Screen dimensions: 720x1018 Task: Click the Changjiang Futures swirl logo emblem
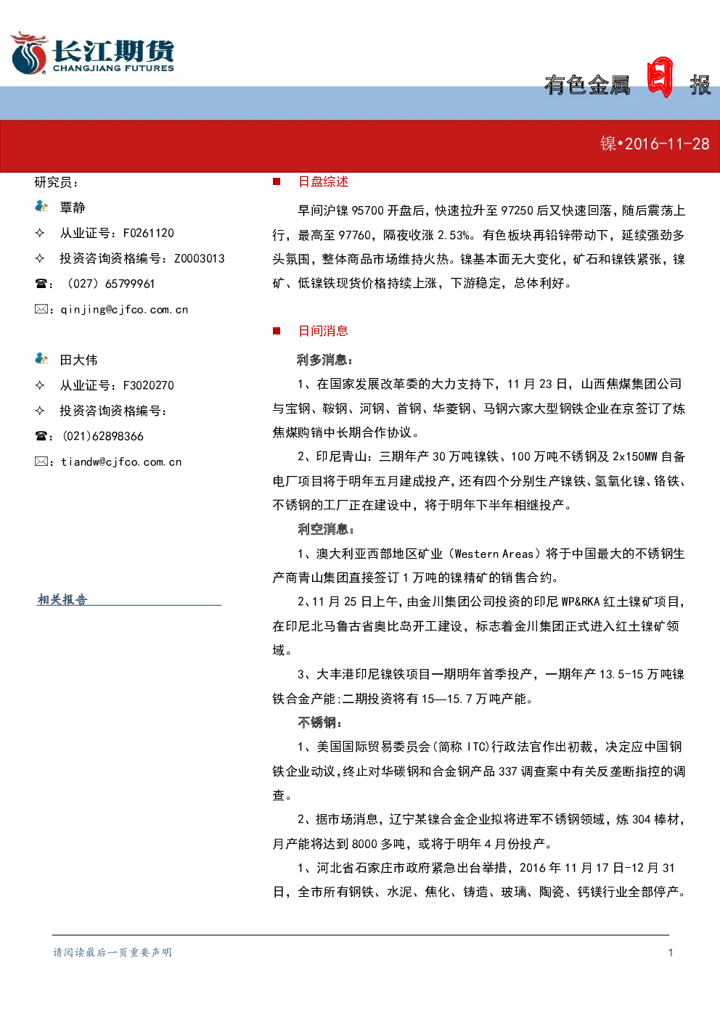coord(29,53)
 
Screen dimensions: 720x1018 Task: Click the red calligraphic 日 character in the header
coord(660,77)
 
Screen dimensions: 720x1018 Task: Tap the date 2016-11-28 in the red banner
coord(667,144)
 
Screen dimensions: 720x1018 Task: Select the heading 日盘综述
coord(323,182)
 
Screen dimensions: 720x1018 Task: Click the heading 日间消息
coord(323,331)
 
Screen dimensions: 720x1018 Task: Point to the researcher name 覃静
coord(73,208)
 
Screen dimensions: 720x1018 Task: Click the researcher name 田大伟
coord(78,360)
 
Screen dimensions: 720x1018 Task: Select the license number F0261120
coord(149,233)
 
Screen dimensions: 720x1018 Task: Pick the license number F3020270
coord(149,385)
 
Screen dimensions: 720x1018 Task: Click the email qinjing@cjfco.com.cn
coord(124,310)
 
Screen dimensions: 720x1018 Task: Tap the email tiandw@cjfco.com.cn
coord(121,462)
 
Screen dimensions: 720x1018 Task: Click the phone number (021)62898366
coord(103,436)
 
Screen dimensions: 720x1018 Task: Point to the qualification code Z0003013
coord(200,258)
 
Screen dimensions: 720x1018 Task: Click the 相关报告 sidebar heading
coord(62,599)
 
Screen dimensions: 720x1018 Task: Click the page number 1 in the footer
coord(671,953)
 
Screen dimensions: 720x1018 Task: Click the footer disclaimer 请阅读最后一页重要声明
coord(112,953)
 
